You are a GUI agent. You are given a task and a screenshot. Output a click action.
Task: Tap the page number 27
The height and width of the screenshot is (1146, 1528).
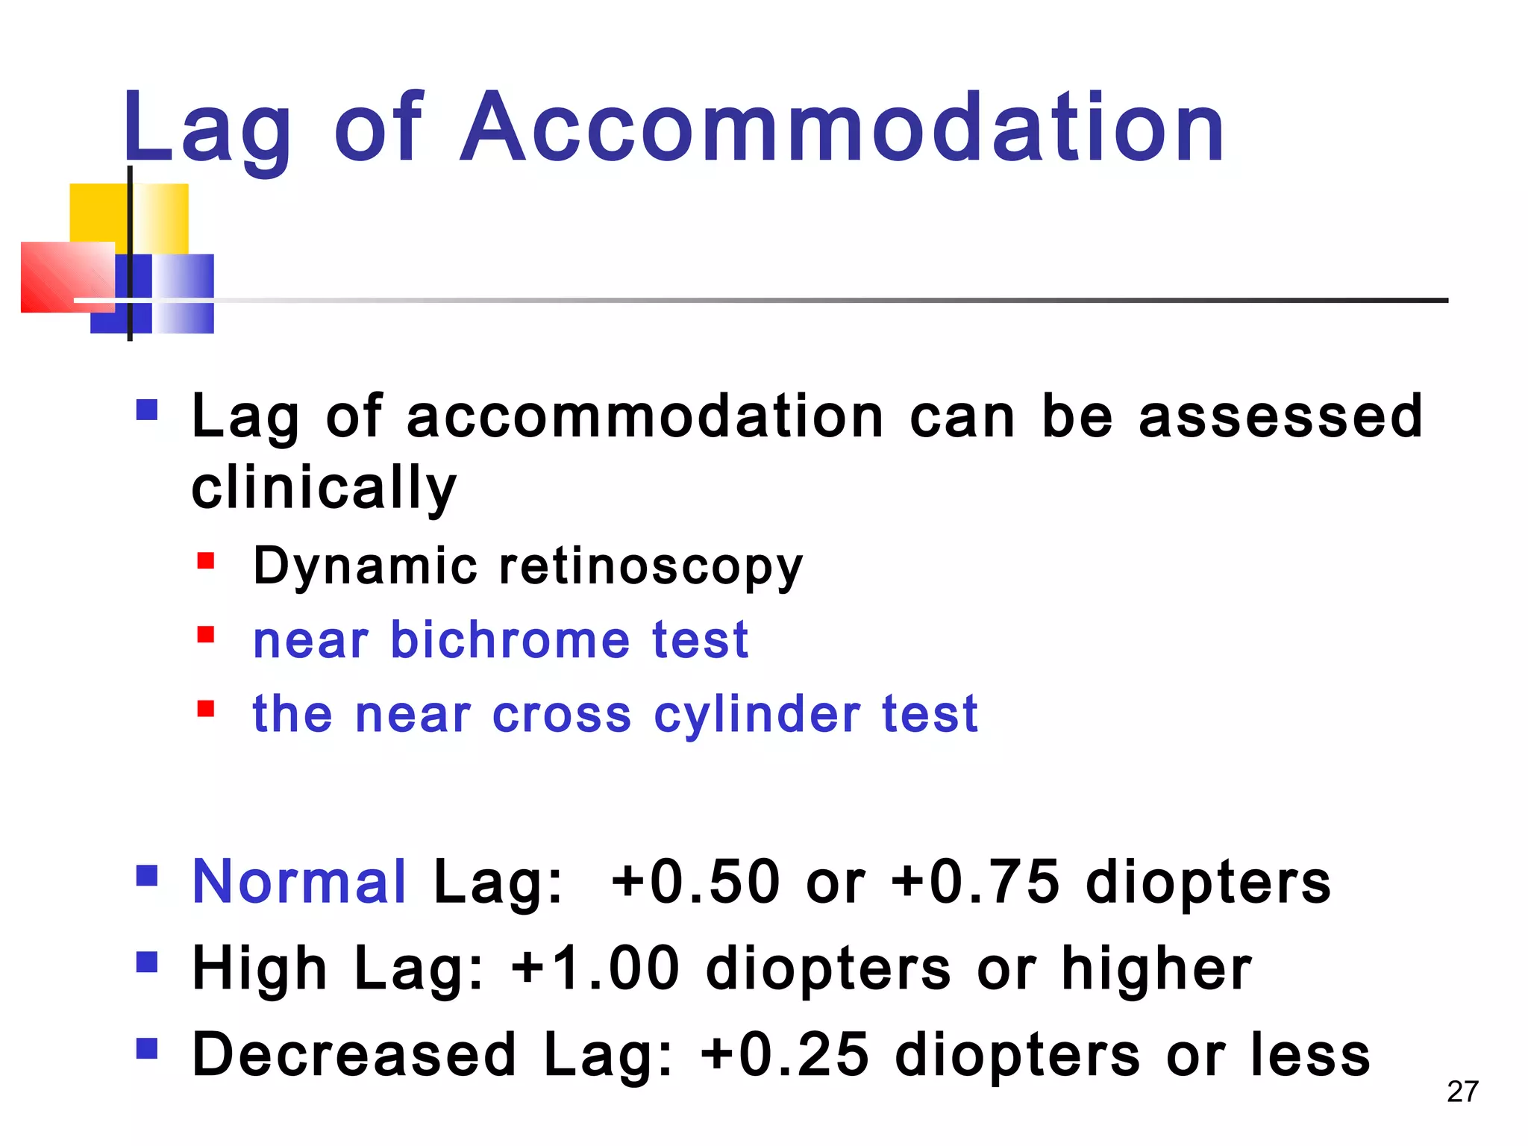click(1462, 1092)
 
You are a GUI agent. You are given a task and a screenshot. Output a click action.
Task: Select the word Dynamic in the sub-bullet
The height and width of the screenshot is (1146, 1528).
click(365, 566)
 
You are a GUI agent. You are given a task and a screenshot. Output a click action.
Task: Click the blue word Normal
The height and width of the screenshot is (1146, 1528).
click(299, 882)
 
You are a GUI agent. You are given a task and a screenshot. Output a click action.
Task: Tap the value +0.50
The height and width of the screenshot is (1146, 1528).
click(696, 882)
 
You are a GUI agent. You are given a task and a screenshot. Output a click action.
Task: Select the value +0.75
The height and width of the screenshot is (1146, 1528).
click(976, 882)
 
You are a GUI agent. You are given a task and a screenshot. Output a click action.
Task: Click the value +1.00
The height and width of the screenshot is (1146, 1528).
click(595, 968)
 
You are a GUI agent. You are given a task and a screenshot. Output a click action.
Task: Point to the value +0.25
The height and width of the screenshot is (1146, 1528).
click(786, 1055)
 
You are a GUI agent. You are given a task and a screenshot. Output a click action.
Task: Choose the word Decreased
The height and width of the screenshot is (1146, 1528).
click(354, 1055)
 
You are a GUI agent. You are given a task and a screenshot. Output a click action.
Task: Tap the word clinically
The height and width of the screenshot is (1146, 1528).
click(324, 489)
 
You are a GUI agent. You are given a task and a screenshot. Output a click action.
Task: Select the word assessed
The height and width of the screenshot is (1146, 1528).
click(1280, 416)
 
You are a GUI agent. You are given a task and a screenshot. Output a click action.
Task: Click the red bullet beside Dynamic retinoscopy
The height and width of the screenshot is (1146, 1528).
click(206, 560)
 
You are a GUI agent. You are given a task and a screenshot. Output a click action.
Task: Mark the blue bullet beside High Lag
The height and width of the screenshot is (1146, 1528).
click(147, 962)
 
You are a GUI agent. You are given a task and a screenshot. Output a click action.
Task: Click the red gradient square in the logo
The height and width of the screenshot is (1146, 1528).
click(67, 277)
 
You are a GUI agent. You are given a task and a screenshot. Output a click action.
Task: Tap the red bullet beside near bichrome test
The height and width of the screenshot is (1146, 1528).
click(206, 634)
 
